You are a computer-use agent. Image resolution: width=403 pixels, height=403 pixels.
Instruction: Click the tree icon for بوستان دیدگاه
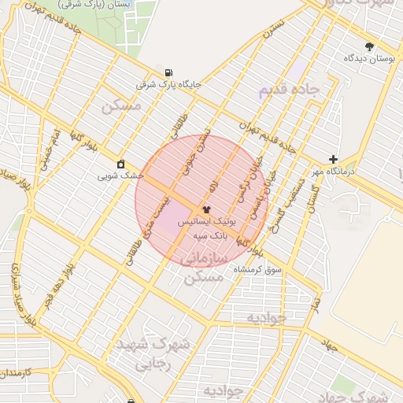tap(369, 46)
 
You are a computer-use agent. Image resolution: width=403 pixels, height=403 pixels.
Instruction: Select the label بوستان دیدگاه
tap(369, 59)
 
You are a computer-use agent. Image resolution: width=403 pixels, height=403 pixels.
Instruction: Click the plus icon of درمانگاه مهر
tap(333, 159)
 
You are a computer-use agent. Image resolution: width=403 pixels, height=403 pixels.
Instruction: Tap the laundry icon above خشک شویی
tap(120, 164)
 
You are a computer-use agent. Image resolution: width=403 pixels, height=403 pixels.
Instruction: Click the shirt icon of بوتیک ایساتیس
tap(207, 210)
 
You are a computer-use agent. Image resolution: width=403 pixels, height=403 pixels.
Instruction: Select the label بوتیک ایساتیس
tap(206, 223)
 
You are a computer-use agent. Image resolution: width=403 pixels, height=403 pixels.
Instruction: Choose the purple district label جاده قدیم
tap(289, 90)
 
